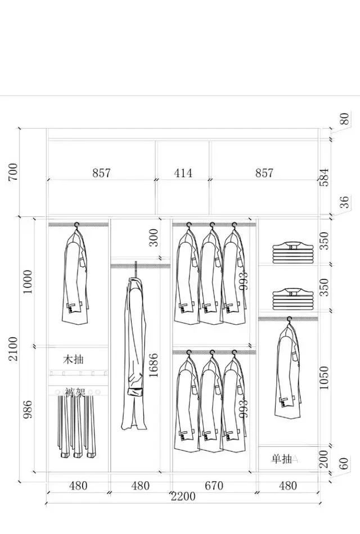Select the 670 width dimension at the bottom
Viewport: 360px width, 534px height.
click(x=214, y=486)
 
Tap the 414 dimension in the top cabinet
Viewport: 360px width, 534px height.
click(x=183, y=173)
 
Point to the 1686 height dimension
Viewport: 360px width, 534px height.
click(x=153, y=364)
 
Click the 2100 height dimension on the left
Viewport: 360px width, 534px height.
click(x=12, y=350)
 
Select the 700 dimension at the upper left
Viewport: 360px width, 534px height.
click(x=12, y=172)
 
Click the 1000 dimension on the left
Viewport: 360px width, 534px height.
click(x=28, y=281)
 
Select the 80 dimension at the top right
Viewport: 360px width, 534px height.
click(x=344, y=119)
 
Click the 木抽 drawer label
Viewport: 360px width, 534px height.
click(x=73, y=359)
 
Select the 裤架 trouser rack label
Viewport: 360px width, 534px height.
click(x=74, y=392)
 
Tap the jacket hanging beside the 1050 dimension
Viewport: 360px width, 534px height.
click(x=287, y=371)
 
